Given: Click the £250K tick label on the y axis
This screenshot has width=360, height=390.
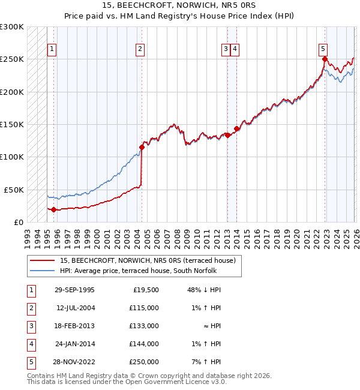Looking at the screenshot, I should click(x=12, y=59).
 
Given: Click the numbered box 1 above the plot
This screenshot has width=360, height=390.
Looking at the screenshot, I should click(x=52, y=49).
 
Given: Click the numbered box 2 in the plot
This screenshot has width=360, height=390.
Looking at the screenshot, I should click(x=140, y=49).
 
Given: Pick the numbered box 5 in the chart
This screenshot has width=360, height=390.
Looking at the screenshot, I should click(x=323, y=49).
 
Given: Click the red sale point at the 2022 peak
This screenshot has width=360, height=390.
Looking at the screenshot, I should click(x=325, y=59).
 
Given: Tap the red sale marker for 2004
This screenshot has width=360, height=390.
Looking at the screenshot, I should click(x=142, y=147).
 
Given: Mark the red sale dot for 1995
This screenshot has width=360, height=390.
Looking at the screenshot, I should click(x=54, y=209).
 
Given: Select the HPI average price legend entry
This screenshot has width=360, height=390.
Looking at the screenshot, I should click(x=140, y=271).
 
